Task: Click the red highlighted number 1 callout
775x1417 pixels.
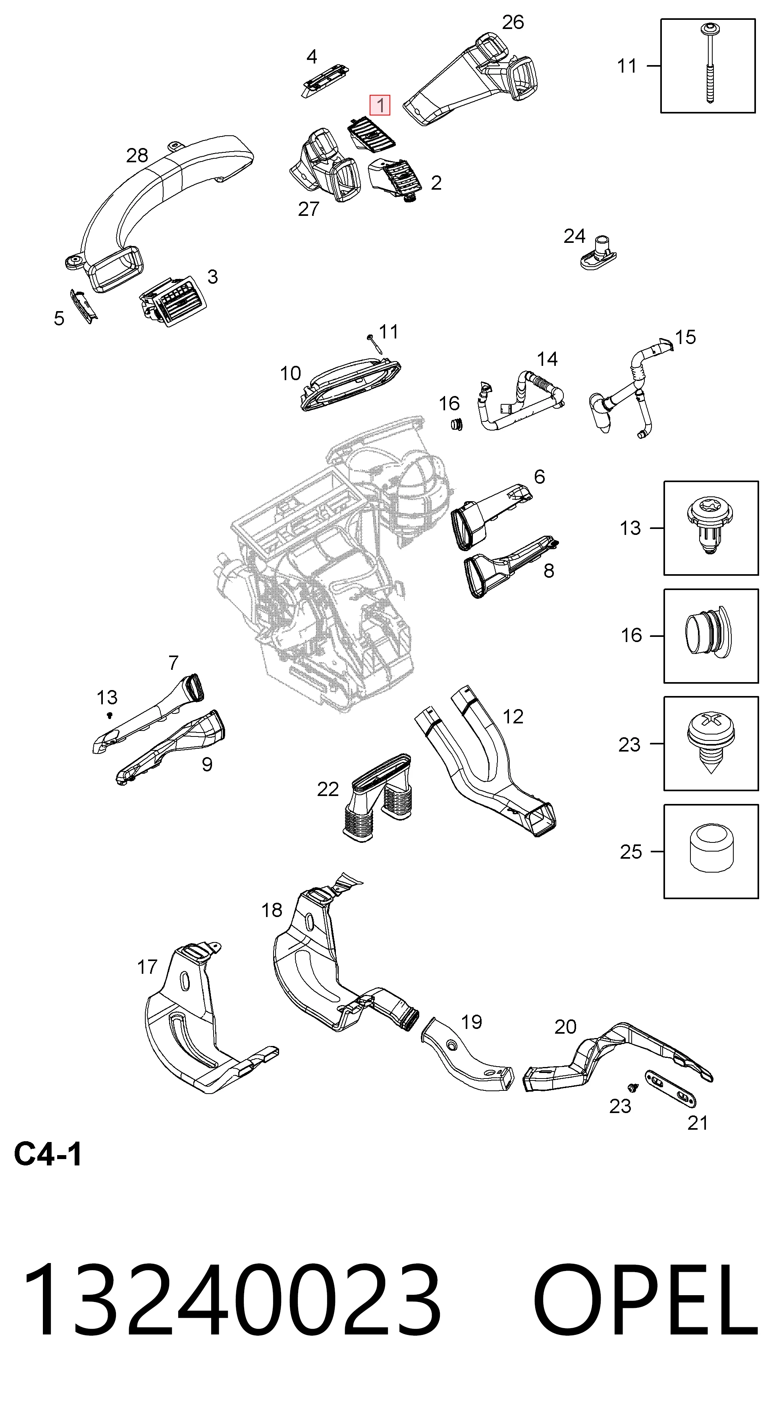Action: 380,104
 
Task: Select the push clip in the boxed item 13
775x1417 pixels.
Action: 711,527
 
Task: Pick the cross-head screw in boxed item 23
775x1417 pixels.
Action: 711,742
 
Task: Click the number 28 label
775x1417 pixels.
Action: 137,156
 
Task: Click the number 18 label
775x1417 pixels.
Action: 272,910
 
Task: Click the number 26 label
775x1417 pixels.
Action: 513,22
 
